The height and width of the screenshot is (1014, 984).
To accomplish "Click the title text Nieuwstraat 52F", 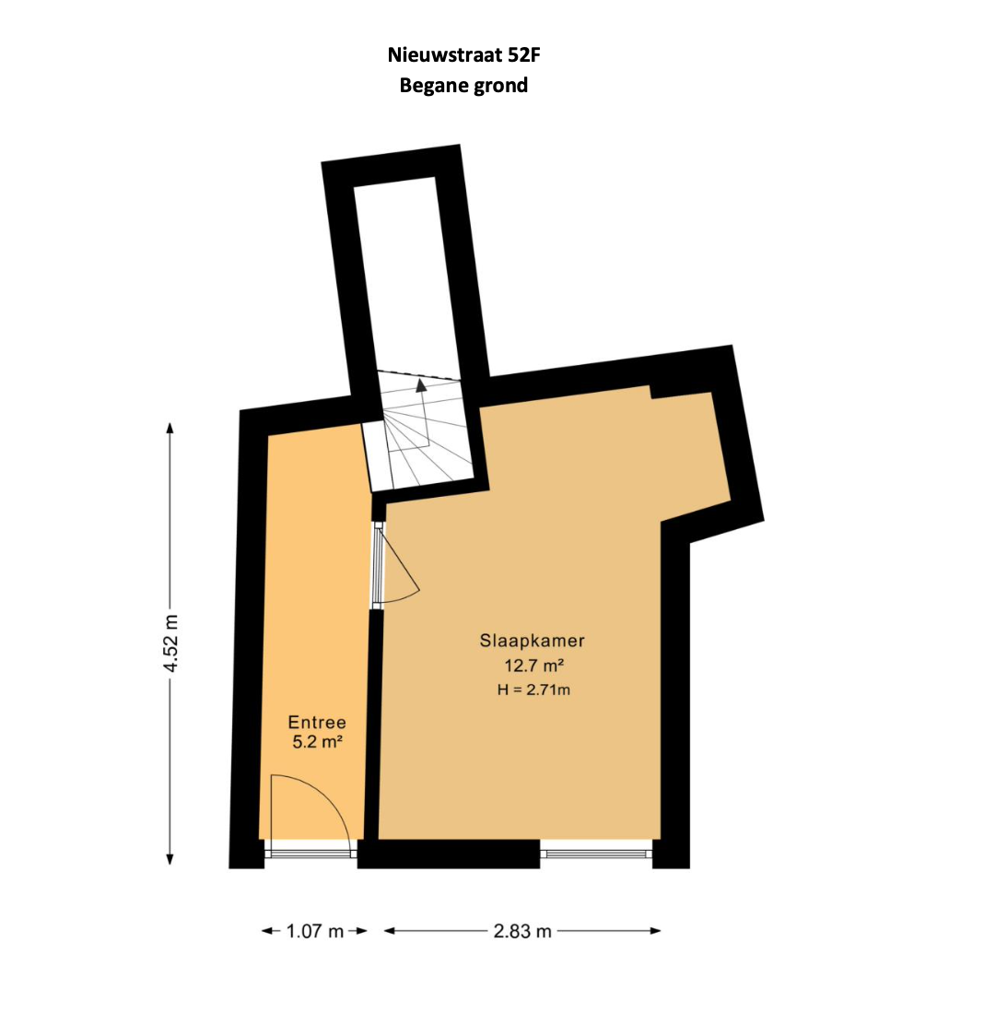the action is point(463,55).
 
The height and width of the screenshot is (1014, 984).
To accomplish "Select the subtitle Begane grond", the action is point(463,86).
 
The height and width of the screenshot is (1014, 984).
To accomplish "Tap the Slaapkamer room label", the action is point(533,641).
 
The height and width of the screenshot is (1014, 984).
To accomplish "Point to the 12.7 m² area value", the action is point(534,665).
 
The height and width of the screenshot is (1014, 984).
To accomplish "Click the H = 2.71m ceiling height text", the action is point(533,690).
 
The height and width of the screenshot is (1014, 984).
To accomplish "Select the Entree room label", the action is point(317,722).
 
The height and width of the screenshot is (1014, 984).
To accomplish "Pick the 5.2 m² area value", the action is point(317,742).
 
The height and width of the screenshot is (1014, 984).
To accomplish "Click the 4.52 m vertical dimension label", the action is point(170,643).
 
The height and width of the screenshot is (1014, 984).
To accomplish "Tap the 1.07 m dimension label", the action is point(315,931).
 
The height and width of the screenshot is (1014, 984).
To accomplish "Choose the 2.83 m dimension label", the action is point(522,931).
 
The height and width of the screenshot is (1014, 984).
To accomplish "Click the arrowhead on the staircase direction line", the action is point(421,385).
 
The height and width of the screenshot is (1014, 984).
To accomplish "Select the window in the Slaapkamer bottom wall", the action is point(596,854).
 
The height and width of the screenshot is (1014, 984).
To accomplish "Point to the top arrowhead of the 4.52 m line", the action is point(170,428).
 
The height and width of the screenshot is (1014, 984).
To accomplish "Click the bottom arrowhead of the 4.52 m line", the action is point(170,859).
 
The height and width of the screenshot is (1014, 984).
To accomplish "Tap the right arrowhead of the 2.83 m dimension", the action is point(655,931).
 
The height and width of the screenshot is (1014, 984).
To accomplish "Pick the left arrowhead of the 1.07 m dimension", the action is point(267,931).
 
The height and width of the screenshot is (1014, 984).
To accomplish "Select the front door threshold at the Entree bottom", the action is point(310,854).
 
